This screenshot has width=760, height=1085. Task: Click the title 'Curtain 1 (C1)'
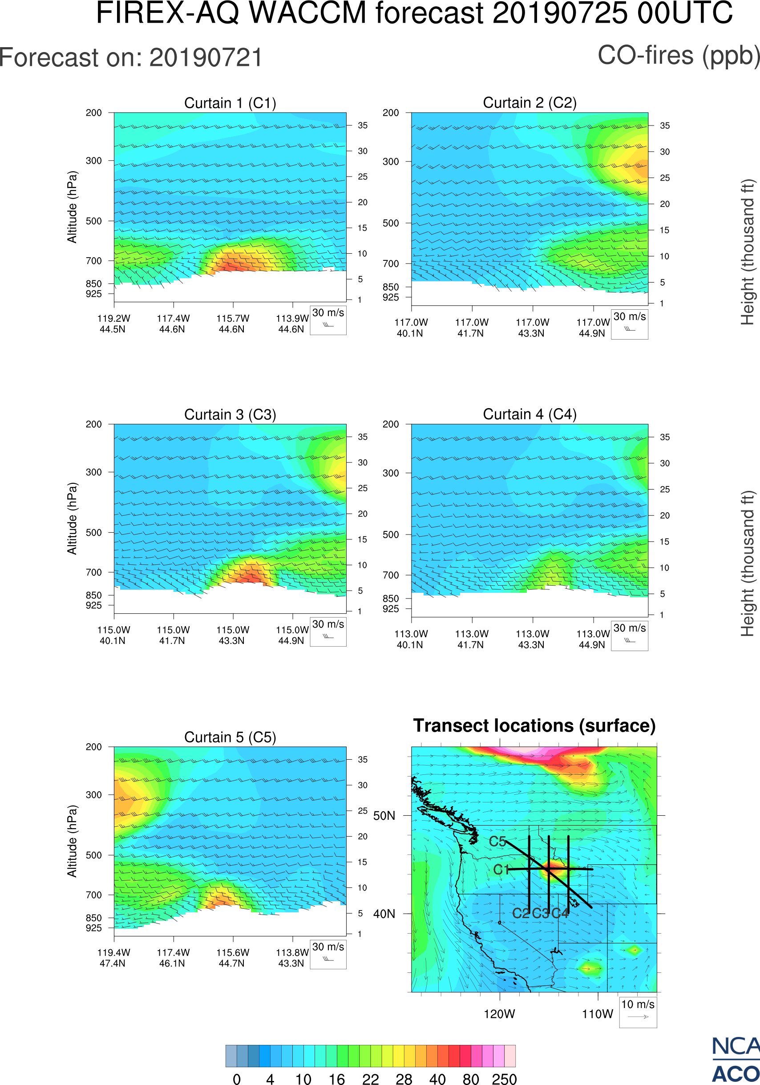click(230, 103)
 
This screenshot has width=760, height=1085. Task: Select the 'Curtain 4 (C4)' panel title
click(530, 414)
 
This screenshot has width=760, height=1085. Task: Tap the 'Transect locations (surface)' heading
click(534, 726)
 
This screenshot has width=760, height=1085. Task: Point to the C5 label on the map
click(497, 842)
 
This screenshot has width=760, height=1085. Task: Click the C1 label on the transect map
click(501, 870)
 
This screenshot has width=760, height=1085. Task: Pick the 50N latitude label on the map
click(384, 816)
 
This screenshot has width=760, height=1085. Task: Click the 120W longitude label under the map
click(499, 1014)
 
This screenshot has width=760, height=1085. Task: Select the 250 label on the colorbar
click(504, 1079)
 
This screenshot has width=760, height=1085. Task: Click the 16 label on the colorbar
click(336, 1079)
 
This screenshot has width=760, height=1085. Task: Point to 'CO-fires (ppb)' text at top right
click(679, 56)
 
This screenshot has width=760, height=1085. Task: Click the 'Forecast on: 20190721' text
click(131, 58)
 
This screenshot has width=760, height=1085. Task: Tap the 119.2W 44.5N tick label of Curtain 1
click(113, 324)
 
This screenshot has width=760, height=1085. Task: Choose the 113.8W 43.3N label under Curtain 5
click(291, 958)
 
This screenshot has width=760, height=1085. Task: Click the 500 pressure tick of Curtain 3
click(93, 533)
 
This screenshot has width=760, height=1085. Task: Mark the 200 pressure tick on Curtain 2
click(391, 113)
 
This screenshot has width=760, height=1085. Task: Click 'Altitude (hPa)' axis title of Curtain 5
click(72, 841)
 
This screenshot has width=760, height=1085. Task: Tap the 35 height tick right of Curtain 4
click(665, 437)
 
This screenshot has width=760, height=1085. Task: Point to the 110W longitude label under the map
click(597, 1014)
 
